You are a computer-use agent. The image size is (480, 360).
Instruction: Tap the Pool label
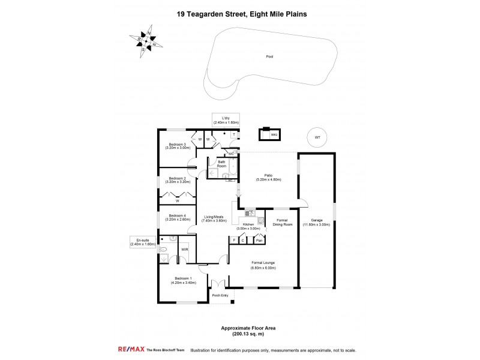pos(269,56)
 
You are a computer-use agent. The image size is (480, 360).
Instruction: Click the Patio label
pos(269,177)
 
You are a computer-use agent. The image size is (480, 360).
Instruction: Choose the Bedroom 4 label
pos(178,217)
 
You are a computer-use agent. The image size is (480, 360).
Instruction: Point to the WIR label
pos(185,248)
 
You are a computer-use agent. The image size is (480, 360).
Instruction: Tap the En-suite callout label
pos(143,242)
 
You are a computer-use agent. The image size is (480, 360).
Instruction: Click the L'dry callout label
pos(226,119)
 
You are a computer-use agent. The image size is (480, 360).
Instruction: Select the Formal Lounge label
pos(263,265)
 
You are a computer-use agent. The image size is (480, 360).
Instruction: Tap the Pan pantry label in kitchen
pos(259,241)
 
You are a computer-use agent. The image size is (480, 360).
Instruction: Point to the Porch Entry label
pos(220,296)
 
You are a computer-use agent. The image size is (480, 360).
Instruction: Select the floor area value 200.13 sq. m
pos(239,334)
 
